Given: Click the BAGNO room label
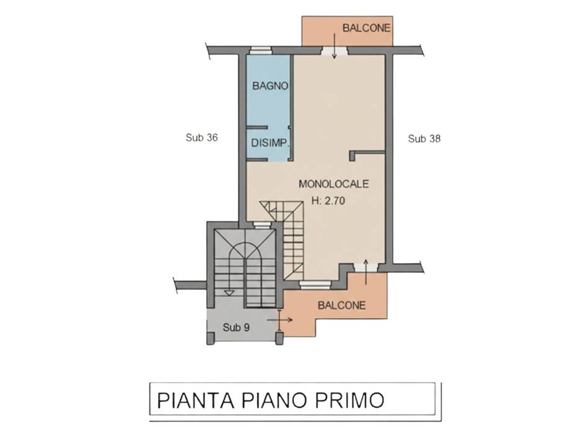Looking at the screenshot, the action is pos(270,86).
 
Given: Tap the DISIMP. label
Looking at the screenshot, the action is pos(270,143).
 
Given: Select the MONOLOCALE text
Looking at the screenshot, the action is pos(334,184).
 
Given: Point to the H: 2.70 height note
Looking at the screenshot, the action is pos(328,200).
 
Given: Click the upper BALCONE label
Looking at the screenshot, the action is pos(366,28).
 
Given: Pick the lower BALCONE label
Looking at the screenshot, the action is pos(341,305).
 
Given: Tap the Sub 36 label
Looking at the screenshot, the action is pos(202,138).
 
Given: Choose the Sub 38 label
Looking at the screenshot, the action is pos(424,139).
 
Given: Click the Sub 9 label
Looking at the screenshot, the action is pos(236,328).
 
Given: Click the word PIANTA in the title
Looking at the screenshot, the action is pos(196,400).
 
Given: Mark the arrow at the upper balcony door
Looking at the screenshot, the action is pos(335,46).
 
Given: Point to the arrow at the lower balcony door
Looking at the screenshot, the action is pos(366,272).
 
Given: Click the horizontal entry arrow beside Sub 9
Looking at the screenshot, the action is pos(280,320).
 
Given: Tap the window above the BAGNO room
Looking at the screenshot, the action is pos(261,51).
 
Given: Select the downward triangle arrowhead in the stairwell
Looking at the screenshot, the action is pos(229,293).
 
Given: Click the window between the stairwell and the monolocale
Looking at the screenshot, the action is pos(261,225).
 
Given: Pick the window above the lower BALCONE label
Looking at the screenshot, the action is pos(315,285).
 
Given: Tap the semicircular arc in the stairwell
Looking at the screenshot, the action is pos(246,244).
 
